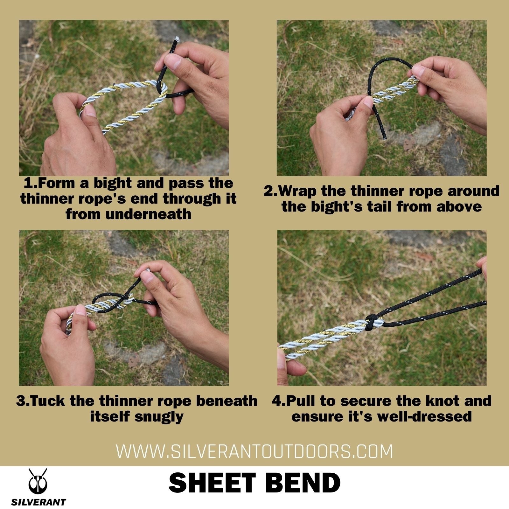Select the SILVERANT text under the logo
(38, 502)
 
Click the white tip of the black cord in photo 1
(177, 39)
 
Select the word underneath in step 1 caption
(148, 214)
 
